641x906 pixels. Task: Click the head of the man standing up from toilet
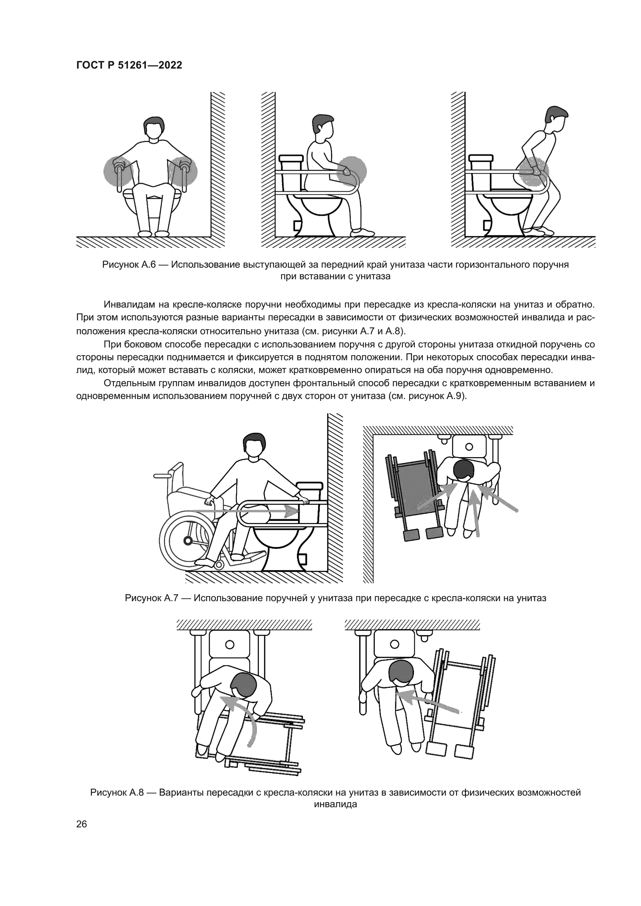tap(557, 117)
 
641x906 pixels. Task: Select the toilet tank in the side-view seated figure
tap(291, 162)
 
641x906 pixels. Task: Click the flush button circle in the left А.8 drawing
tap(230, 645)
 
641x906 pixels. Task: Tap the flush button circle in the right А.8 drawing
tap(394, 645)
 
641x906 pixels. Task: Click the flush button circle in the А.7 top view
tap(469, 447)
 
